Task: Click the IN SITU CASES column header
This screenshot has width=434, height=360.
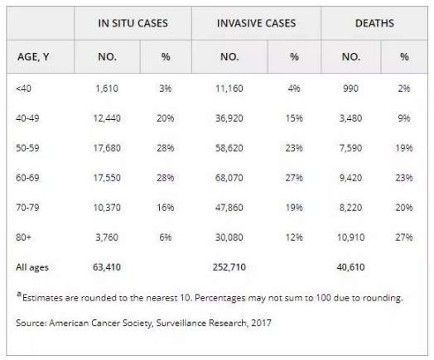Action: (x=133, y=23)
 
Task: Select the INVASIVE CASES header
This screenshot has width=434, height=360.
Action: (x=256, y=23)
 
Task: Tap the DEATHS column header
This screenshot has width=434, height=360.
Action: (x=374, y=23)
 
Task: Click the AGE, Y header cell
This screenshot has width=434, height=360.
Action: (x=33, y=57)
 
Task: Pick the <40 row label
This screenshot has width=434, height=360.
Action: (x=23, y=89)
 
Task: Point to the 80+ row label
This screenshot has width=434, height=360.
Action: (x=23, y=238)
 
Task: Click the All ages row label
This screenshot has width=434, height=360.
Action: (x=32, y=267)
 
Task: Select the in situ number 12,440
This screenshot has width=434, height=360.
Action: (x=107, y=118)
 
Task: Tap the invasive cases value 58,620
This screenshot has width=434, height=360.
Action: (x=229, y=148)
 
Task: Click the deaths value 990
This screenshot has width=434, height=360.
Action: (x=350, y=89)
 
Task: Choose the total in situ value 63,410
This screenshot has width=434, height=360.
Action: (x=107, y=267)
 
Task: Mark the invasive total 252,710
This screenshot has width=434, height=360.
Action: (x=229, y=267)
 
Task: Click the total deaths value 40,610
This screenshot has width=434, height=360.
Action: (x=350, y=267)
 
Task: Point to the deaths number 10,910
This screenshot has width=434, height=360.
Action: (x=350, y=238)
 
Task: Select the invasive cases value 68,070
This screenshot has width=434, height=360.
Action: (x=229, y=177)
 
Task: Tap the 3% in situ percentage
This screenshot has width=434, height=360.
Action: (x=166, y=89)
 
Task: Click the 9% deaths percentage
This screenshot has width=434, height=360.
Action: (x=404, y=118)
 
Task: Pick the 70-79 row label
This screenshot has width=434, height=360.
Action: (x=27, y=208)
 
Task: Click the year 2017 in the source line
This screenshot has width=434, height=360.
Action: (x=261, y=323)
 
